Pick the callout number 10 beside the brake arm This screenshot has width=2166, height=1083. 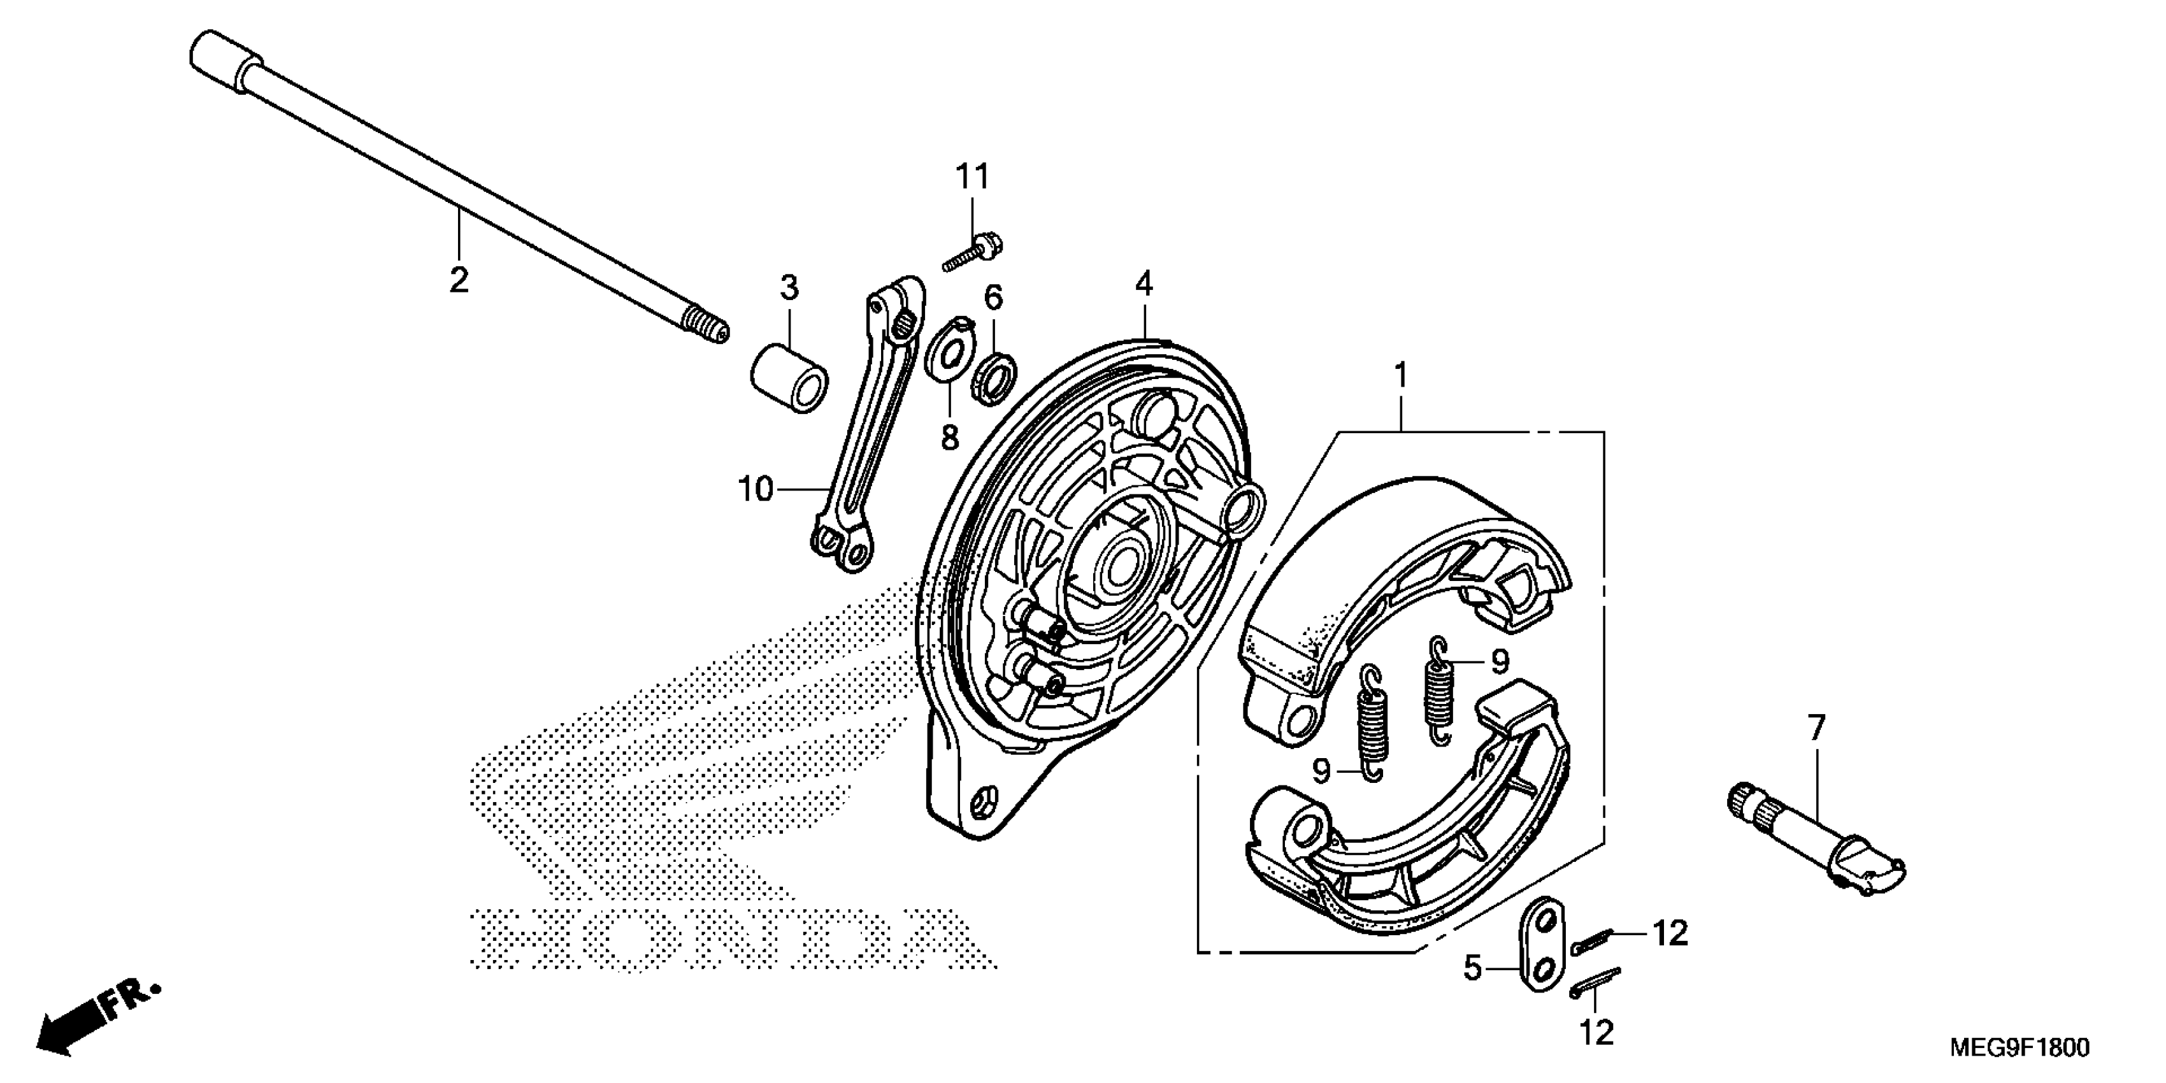(x=755, y=488)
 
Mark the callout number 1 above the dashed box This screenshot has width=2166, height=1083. (x=1401, y=375)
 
